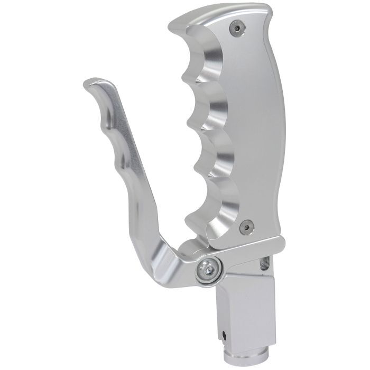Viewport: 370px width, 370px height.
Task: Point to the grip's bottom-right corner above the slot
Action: point(277,240)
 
